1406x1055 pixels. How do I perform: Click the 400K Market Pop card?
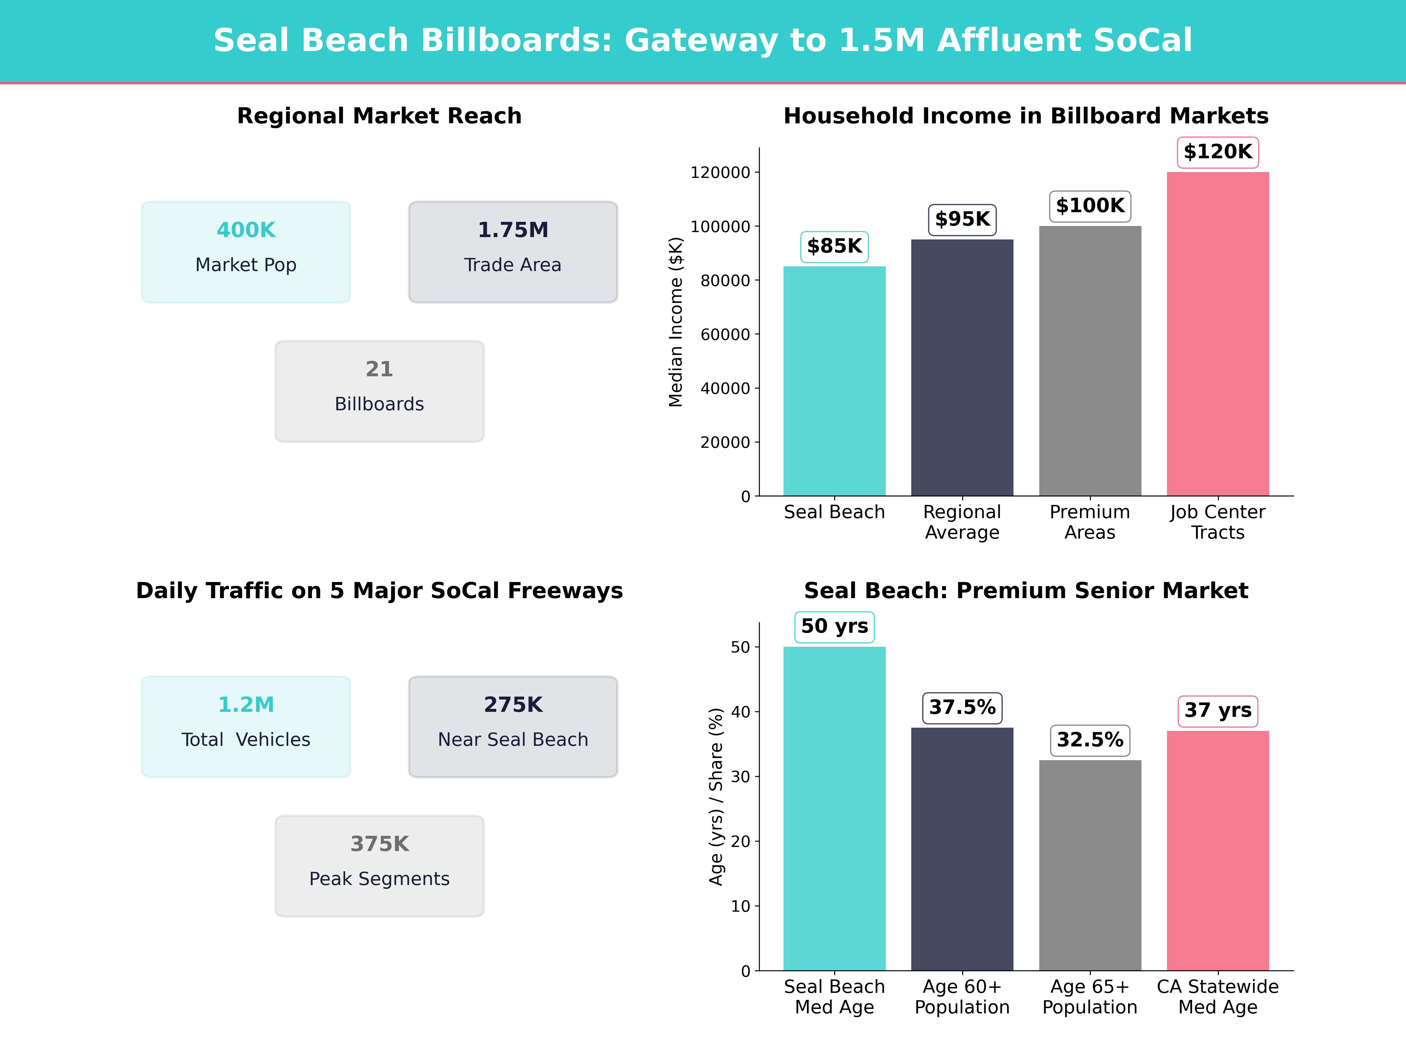[246, 252]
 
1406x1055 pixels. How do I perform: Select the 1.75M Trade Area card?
[513, 252]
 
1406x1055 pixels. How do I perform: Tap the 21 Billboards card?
[379, 391]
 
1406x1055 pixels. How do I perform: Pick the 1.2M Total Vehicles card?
[246, 726]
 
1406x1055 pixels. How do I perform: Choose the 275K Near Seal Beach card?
[513, 726]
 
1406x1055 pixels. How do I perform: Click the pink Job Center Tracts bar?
[1218, 334]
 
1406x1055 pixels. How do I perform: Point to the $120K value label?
[1218, 152]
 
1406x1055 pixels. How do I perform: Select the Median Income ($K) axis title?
[676, 322]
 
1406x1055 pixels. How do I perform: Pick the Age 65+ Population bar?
[1090, 865]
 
